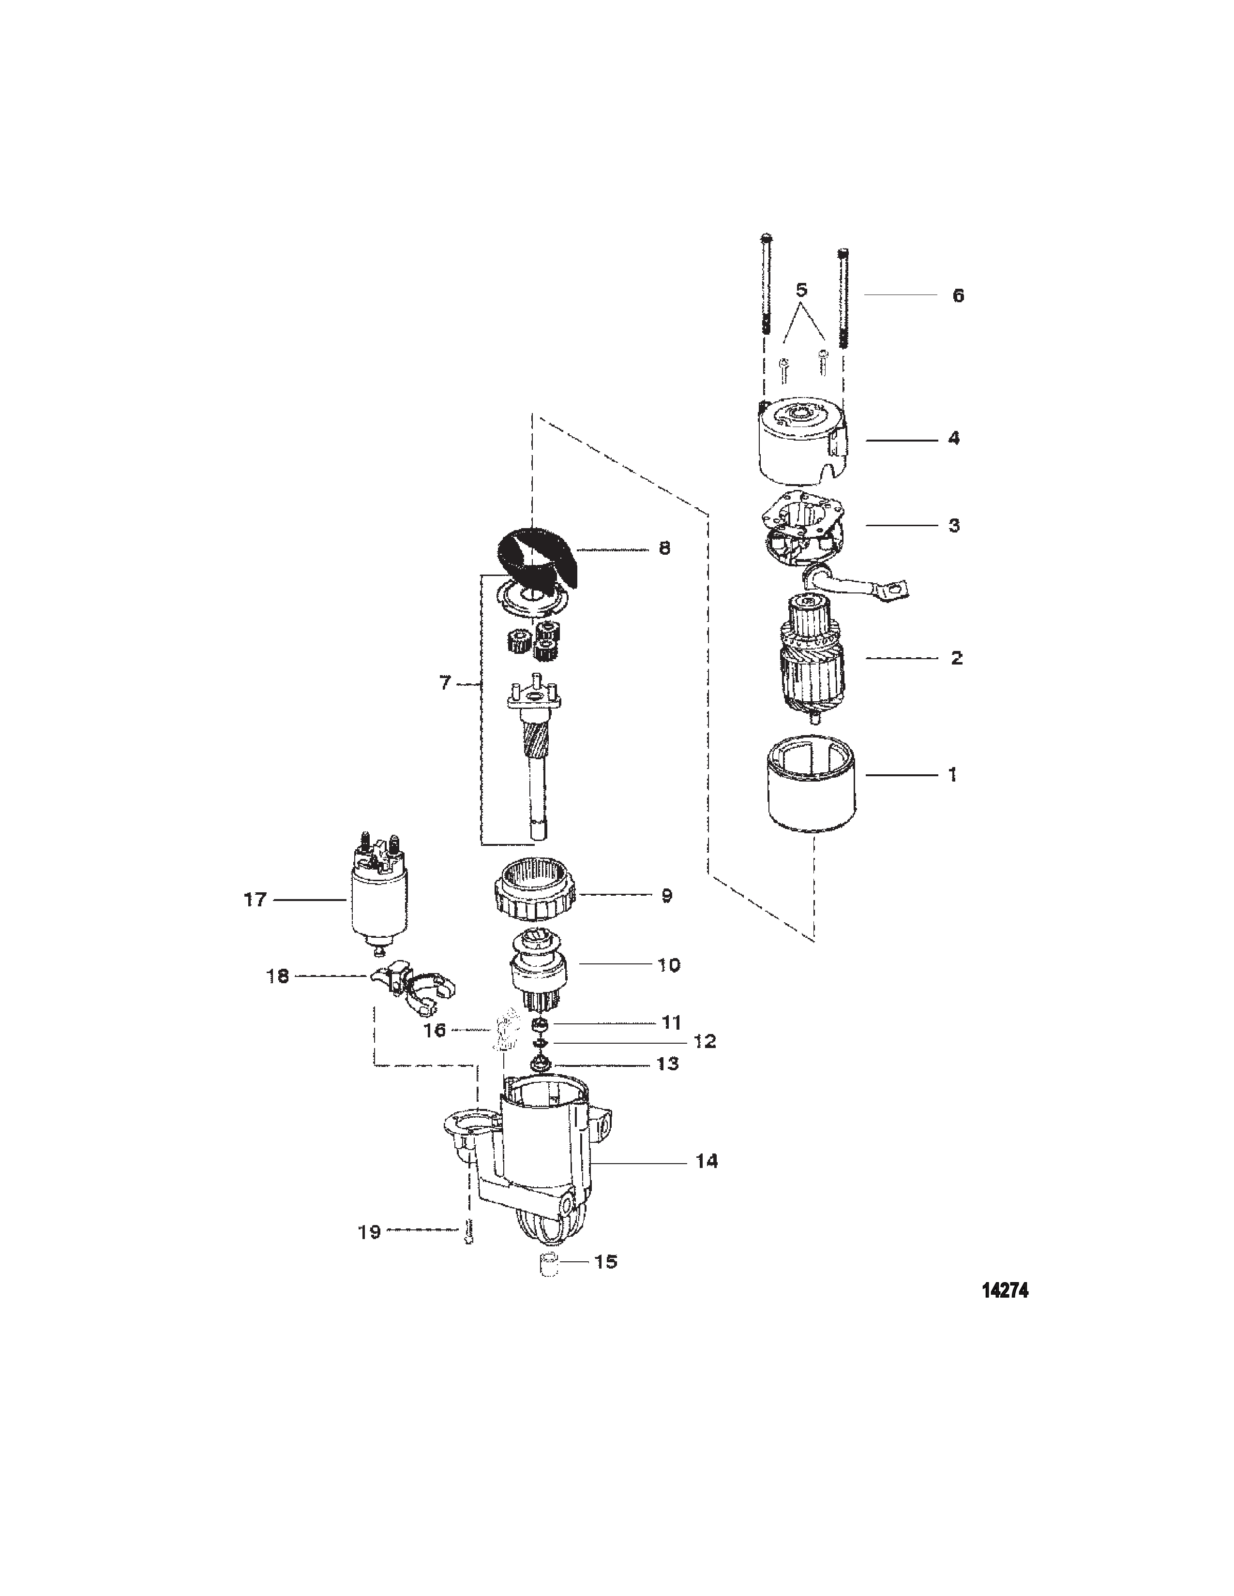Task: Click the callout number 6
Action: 958,296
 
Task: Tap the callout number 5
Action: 801,290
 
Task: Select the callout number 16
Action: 435,1030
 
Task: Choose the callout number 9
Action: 666,895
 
